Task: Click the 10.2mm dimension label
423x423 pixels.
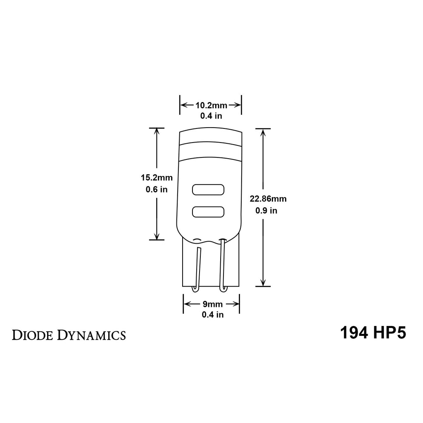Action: tap(211, 105)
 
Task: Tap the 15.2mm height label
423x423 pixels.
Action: tap(156, 178)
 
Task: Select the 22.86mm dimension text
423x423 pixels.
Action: tap(268, 199)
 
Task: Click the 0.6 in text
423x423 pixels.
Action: tap(157, 190)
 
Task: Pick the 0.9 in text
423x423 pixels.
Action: tap(266, 211)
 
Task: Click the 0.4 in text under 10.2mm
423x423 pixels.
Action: tap(211, 116)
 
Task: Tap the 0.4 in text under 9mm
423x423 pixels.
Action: tap(212, 315)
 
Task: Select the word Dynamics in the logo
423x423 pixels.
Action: tap(91, 335)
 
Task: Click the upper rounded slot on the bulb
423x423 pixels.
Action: tap(208, 190)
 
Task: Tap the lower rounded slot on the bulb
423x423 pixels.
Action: tap(208, 212)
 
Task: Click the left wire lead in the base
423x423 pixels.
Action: tap(197, 269)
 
